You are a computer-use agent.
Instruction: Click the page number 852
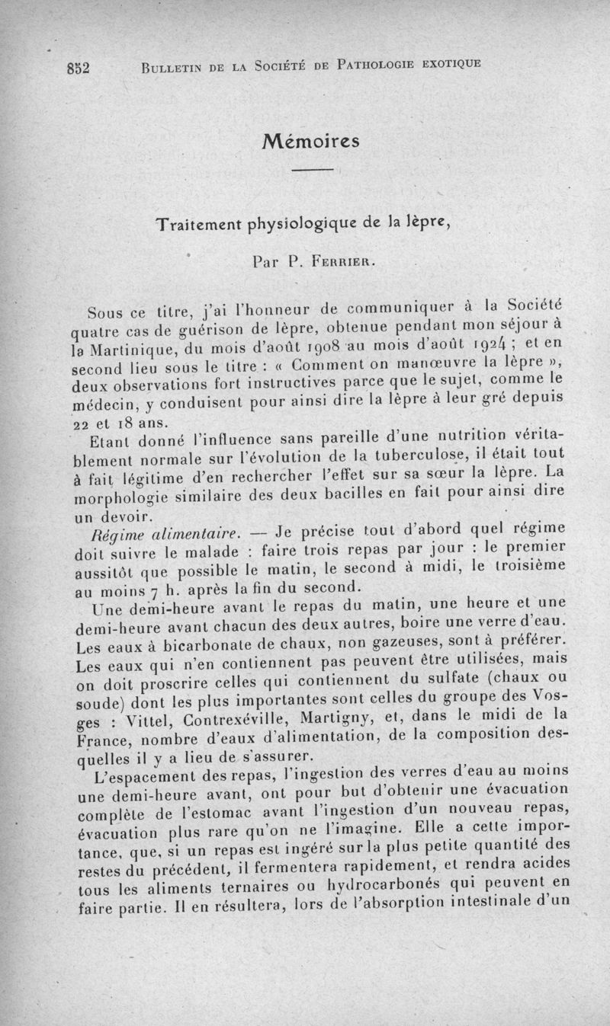coord(78,66)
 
